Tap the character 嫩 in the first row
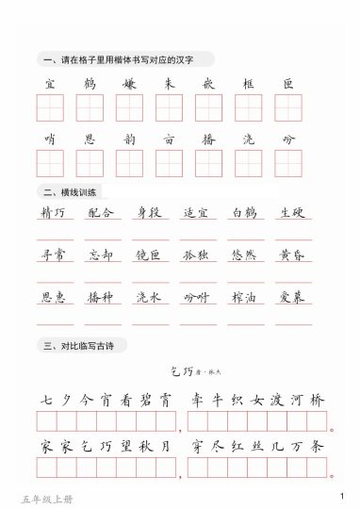click(x=129, y=85)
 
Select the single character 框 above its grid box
click(x=248, y=85)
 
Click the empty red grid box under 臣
click(x=287, y=107)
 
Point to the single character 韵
click(x=129, y=140)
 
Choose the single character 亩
click(x=169, y=140)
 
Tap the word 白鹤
click(x=243, y=213)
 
